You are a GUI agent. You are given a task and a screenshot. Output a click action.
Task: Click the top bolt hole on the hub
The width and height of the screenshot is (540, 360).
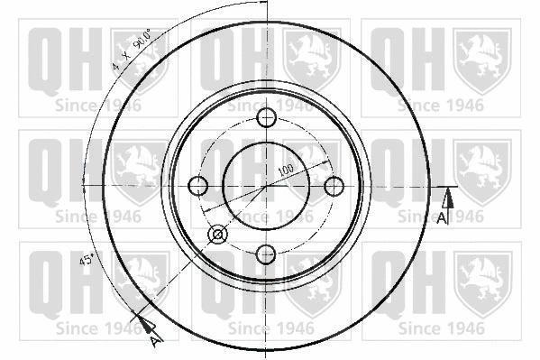(x=267, y=118)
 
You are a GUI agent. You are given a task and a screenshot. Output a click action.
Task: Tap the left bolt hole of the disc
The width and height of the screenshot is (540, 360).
(x=199, y=186)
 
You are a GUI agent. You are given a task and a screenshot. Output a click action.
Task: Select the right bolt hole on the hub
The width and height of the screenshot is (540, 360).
(x=334, y=186)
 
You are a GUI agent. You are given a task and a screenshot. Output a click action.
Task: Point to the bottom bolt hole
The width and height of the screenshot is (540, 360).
(x=267, y=254)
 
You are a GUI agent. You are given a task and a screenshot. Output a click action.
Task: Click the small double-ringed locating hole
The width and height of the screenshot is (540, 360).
(x=217, y=235)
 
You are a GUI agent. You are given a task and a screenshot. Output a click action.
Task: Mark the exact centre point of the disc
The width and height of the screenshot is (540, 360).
(x=267, y=186)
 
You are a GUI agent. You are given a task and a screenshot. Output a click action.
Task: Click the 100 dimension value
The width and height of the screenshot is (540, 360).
(x=288, y=170)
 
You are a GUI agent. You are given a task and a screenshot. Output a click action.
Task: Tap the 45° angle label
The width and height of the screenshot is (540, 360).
(x=87, y=261)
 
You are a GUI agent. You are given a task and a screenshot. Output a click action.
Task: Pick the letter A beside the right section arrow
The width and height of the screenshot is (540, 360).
(x=441, y=217)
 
